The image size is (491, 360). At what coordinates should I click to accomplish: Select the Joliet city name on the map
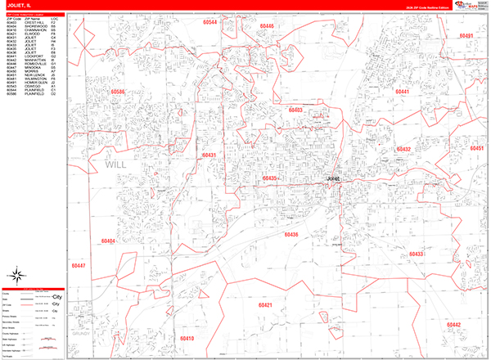(x=332, y=177)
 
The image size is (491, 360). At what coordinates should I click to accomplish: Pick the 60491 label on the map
(x=466, y=36)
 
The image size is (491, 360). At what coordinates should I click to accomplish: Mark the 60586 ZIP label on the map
(x=119, y=92)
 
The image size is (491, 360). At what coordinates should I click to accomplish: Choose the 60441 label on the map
(x=402, y=92)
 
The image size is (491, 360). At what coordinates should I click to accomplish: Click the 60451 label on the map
(x=478, y=148)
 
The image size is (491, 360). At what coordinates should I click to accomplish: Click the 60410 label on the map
(x=187, y=338)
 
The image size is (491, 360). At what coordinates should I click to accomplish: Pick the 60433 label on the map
(x=415, y=255)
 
